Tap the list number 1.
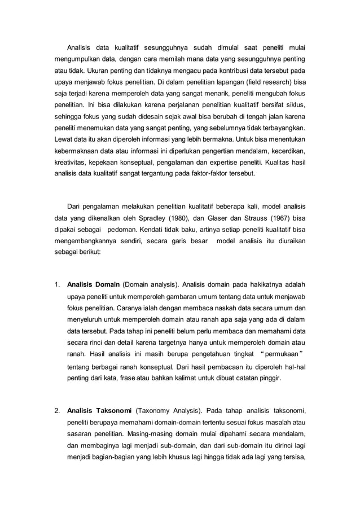click(56, 284)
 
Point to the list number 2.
click(56, 411)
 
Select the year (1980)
click(188, 217)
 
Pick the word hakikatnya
click(264, 284)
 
